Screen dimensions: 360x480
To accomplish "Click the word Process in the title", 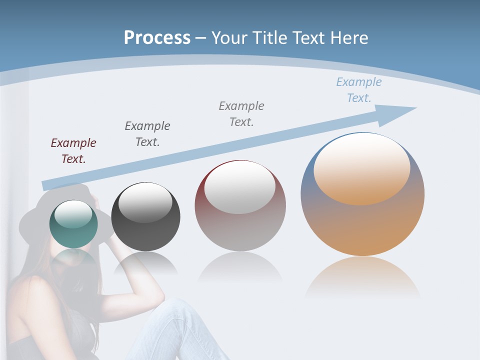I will tap(157, 37).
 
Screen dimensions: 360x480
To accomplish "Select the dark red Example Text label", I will tap(73, 151).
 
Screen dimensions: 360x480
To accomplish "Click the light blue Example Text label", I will tap(358, 90).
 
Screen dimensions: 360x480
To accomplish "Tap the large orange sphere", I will tap(362, 225).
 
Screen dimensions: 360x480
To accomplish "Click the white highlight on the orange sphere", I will tap(361, 167).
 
